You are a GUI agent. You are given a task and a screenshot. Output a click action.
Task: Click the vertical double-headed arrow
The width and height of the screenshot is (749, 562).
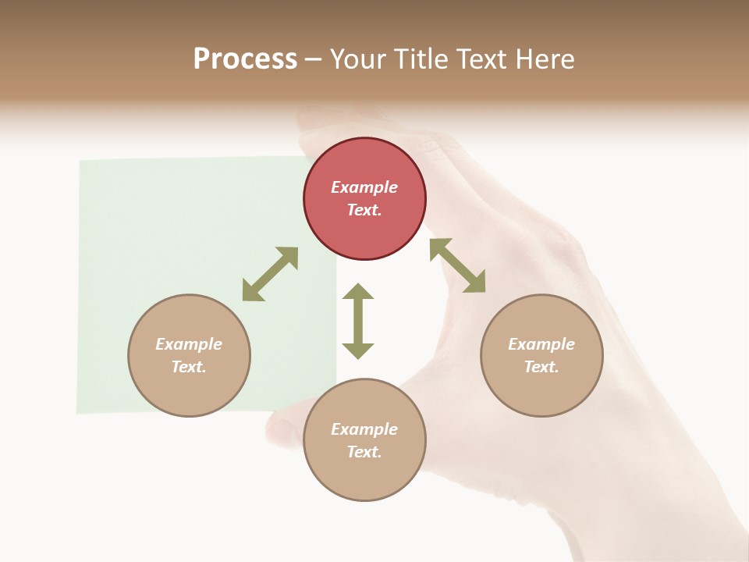[x=358, y=321]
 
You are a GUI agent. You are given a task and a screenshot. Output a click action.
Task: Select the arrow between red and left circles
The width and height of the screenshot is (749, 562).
[x=270, y=274]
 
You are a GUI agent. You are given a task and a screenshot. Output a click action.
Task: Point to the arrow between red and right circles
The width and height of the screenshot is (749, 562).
[x=457, y=265]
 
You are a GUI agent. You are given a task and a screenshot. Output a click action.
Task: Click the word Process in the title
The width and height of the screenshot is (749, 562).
[x=245, y=59]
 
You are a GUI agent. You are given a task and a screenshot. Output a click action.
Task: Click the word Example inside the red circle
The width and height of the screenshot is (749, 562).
[x=364, y=187]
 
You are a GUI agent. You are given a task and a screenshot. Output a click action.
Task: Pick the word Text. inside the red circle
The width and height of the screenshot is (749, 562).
[x=364, y=210]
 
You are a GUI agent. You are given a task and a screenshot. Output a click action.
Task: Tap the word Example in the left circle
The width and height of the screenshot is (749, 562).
[x=189, y=344]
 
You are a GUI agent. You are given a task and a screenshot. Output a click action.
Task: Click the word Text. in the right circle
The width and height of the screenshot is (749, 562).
[x=541, y=367]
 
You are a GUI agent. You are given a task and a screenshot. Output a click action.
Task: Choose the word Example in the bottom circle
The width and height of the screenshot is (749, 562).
[x=364, y=429]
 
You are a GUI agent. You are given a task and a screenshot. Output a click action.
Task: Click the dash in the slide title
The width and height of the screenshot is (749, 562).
[x=313, y=59]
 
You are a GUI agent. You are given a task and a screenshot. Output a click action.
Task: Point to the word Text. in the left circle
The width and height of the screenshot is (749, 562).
[x=189, y=367]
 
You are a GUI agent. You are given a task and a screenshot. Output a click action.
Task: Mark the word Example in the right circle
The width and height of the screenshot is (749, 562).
[x=541, y=344]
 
